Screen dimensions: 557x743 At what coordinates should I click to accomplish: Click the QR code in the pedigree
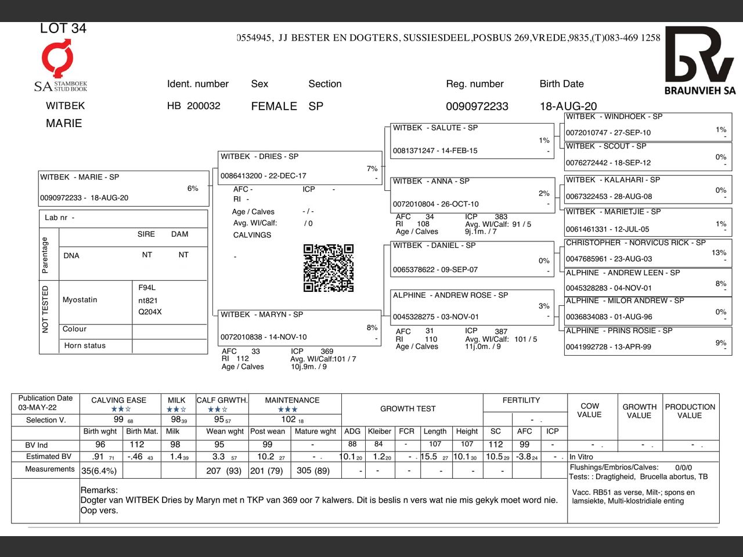328,267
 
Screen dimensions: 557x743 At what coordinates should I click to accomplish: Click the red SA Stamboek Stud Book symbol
58,58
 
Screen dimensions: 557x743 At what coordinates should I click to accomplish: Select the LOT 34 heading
63,28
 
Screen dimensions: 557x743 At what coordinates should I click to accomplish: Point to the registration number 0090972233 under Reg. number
477,106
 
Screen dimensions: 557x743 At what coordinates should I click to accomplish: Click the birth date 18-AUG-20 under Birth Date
568,106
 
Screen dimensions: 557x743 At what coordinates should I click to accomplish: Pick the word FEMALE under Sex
273,106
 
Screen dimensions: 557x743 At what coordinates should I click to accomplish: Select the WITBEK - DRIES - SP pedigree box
300,167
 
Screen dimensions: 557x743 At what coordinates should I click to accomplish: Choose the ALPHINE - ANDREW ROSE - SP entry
472,307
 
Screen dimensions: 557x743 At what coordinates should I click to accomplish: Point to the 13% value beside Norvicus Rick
719,252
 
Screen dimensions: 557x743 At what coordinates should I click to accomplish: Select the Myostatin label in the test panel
80,300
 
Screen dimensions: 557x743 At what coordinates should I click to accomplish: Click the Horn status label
85,346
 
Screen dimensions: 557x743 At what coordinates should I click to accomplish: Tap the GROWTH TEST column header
407,408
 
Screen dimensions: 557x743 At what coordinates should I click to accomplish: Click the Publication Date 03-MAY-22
37,407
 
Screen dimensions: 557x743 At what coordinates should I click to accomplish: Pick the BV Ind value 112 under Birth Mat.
137,444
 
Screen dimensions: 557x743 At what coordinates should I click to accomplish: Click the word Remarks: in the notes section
99,490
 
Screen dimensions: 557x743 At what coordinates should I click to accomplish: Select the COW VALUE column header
589,410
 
